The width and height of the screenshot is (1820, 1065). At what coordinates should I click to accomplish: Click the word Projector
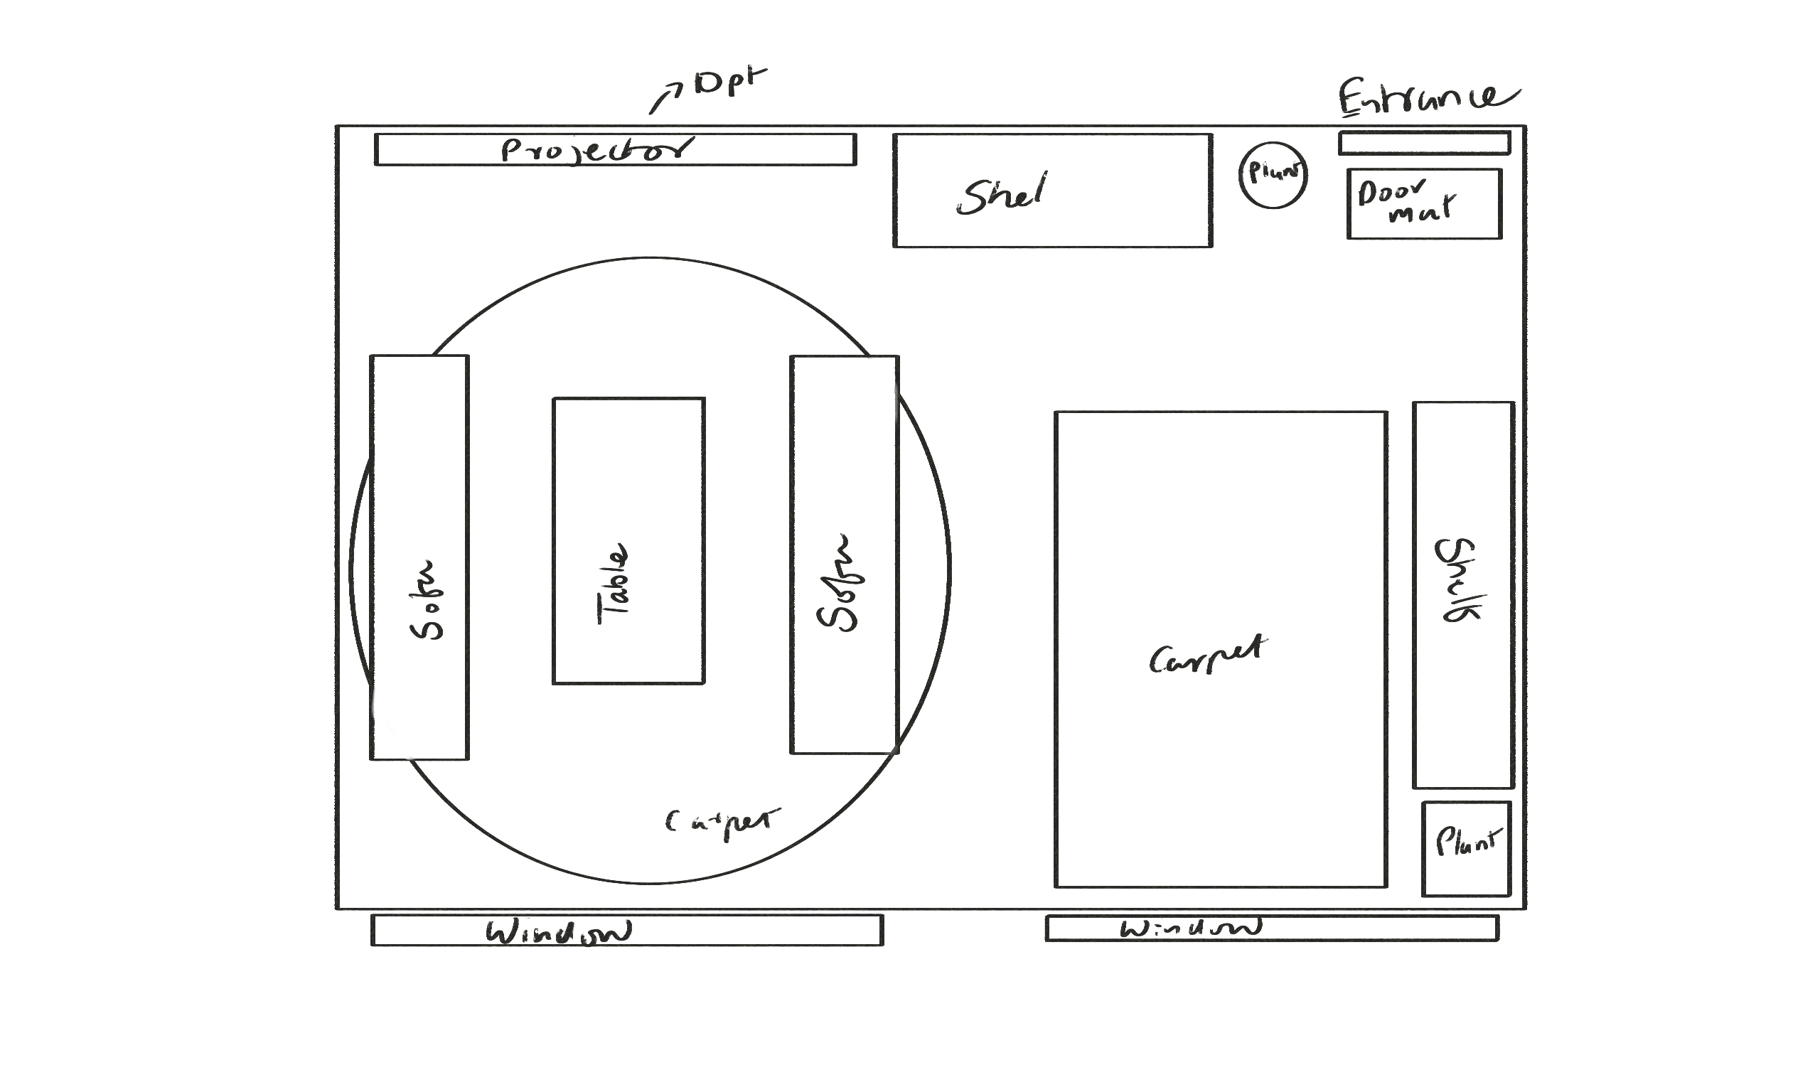coord(596,150)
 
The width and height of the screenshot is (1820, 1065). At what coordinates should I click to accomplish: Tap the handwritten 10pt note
coord(729,81)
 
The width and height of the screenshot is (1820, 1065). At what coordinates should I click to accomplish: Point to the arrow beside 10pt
coord(665,99)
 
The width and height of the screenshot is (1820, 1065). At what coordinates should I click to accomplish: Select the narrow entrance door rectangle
coord(1424,143)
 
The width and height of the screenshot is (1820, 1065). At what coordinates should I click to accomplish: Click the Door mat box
coord(1424,203)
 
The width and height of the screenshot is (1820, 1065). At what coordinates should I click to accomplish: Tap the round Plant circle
coord(1273,175)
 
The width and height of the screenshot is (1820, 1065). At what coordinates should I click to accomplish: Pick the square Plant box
coord(1466,849)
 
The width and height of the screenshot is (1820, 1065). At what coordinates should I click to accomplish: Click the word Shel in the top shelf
coord(1002,193)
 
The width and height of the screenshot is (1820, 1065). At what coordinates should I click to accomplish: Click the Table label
coord(612,584)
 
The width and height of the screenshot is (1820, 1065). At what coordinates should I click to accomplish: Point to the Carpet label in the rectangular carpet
coord(1208,655)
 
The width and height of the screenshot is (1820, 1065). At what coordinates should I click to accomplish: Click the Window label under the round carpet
coord(558,932)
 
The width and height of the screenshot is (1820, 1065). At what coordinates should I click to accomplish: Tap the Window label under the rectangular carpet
coord(1190,928)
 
